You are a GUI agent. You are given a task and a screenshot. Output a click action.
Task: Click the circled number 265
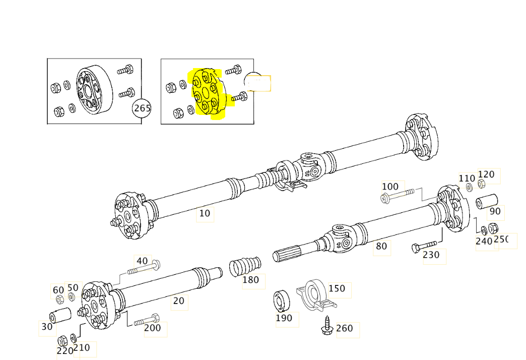coord(142,108)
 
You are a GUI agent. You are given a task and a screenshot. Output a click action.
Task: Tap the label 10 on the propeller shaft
coord(204,213)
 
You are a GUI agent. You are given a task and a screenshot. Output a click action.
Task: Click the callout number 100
coord(390,186)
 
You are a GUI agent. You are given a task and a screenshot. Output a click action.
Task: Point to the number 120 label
coord(486,174)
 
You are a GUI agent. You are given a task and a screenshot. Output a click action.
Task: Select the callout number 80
coord(381,247)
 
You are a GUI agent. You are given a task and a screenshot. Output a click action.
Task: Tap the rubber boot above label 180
coord(245,266)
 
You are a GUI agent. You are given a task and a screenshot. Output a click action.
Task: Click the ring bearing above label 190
coord(282,301)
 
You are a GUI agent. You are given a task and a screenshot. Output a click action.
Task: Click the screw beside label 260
coord(327,325)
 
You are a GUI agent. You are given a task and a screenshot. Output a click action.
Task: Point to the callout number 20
coord(178,301)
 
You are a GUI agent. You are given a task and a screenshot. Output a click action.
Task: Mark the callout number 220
coord(64,351)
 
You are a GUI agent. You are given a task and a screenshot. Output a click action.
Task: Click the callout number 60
coord(58,290)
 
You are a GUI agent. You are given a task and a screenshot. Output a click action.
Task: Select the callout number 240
coord(484,241)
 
